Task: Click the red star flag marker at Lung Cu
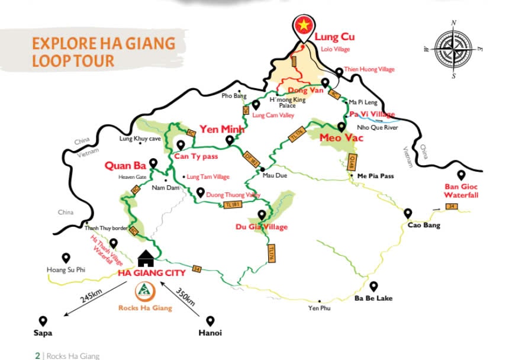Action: tap(302, 25)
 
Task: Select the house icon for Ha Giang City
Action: tap(145, 258)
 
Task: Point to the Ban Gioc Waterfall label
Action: tap(461, 191)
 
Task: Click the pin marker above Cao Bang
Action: tap(408, 213)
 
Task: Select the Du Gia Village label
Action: tap(262, 227)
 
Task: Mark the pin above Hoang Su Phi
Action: tap(66, 258)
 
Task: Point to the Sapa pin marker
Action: tap(42, 320)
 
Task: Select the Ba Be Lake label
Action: tap(372, 298)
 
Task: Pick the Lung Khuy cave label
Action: tap(140, 139)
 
